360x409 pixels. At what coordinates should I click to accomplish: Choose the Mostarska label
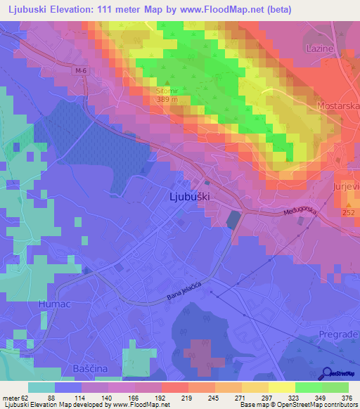pyautogui.click(x=340, y=105)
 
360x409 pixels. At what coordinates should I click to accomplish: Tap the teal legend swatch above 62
pyautogui.click(x=41, y=387)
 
